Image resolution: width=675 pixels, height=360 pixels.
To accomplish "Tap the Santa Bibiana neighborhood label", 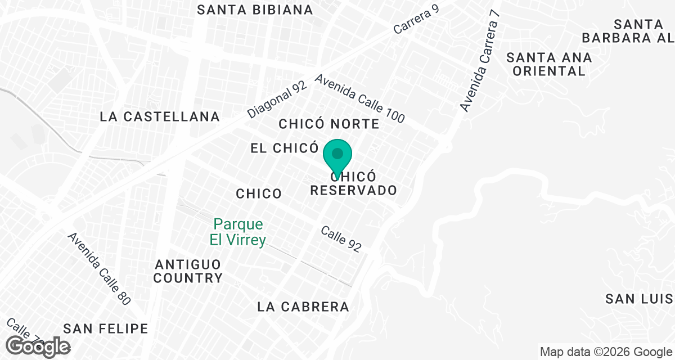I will (255, 10).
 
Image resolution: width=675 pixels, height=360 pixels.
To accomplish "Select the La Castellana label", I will (160, 116).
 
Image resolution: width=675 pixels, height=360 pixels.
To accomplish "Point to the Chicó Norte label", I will (329, 123).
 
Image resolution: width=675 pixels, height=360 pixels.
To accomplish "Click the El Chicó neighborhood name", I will (285, 148).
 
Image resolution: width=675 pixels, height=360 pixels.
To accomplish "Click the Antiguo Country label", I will (188, 271).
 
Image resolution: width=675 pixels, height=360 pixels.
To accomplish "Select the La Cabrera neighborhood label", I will (303, 307).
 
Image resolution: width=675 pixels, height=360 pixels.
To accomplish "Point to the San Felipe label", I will (106, 328).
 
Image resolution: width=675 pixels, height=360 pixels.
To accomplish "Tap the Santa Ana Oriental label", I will (549, 64).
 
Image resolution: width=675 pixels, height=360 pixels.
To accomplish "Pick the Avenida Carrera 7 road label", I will (480, 61).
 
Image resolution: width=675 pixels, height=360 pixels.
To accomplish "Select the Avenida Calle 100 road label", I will (359, 99).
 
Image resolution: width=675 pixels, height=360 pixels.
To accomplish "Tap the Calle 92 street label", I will (341, 239).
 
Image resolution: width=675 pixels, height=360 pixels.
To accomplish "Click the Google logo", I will (38, 346).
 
